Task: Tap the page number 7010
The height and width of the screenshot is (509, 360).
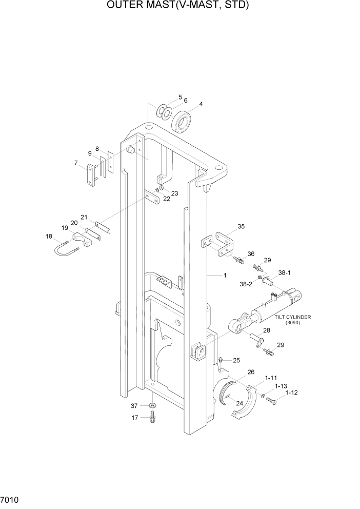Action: [x=11, y=500]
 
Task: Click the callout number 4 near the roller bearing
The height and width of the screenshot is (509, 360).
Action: [x=201, y=104]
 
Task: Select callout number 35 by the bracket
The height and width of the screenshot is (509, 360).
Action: [x=241, y=226]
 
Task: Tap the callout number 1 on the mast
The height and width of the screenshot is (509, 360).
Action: [x=225, y=276]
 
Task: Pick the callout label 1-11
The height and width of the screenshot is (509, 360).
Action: [x=271, y=377]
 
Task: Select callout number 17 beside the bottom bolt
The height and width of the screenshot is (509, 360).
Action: [x=134, y=418]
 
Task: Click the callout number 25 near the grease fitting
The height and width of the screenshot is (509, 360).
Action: [x=236, y=360]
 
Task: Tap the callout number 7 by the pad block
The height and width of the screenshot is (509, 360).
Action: [x=76, y=163]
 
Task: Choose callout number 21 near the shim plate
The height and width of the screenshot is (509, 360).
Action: [x=84, y=217]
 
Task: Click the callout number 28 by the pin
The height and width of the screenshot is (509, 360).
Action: [x=267, y=330]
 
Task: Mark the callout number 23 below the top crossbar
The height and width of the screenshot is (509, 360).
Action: [x=174, y=193]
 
